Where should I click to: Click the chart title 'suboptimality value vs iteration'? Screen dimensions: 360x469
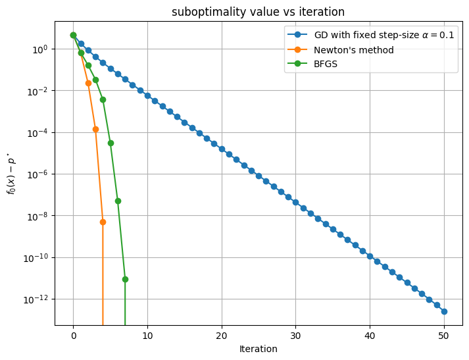pyautogui.click(x=258, y=12)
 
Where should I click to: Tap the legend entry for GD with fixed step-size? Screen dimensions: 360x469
pyautogui.click(x=383, y=36)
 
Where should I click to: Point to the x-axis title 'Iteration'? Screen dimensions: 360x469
pyautogui.click(x=258, y=349)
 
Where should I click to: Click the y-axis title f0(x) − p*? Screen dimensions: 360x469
pyautogui.click(x=11, y=174)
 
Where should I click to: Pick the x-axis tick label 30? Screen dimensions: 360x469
pyautogui.click(x=296, y=336)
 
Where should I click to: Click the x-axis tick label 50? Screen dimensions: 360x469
pyautogui.click(x=444, y=336)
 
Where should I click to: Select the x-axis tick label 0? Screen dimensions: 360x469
pyautogui.click(x=73, y=336)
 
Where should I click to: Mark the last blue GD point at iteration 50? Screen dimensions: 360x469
pyautogui.click(x=444, y=311)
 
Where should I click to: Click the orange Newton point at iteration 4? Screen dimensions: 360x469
pyautogui.click(x=103, y=222)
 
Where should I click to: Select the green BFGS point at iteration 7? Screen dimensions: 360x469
pyautogui.click(x=125, y=279)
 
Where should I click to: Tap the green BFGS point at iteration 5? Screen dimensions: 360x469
pyautogui.click(x=111, y=143)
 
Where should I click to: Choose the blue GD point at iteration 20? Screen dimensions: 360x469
pyautogui.click(x=222, y=149)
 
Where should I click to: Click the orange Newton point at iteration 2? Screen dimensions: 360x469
pyautogui.click(x=88, y=83)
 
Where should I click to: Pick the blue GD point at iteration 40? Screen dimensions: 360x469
pyautogui.click(x=370, y=255)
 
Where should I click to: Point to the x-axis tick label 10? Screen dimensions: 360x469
pyautogui.click(x=147, y=336)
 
